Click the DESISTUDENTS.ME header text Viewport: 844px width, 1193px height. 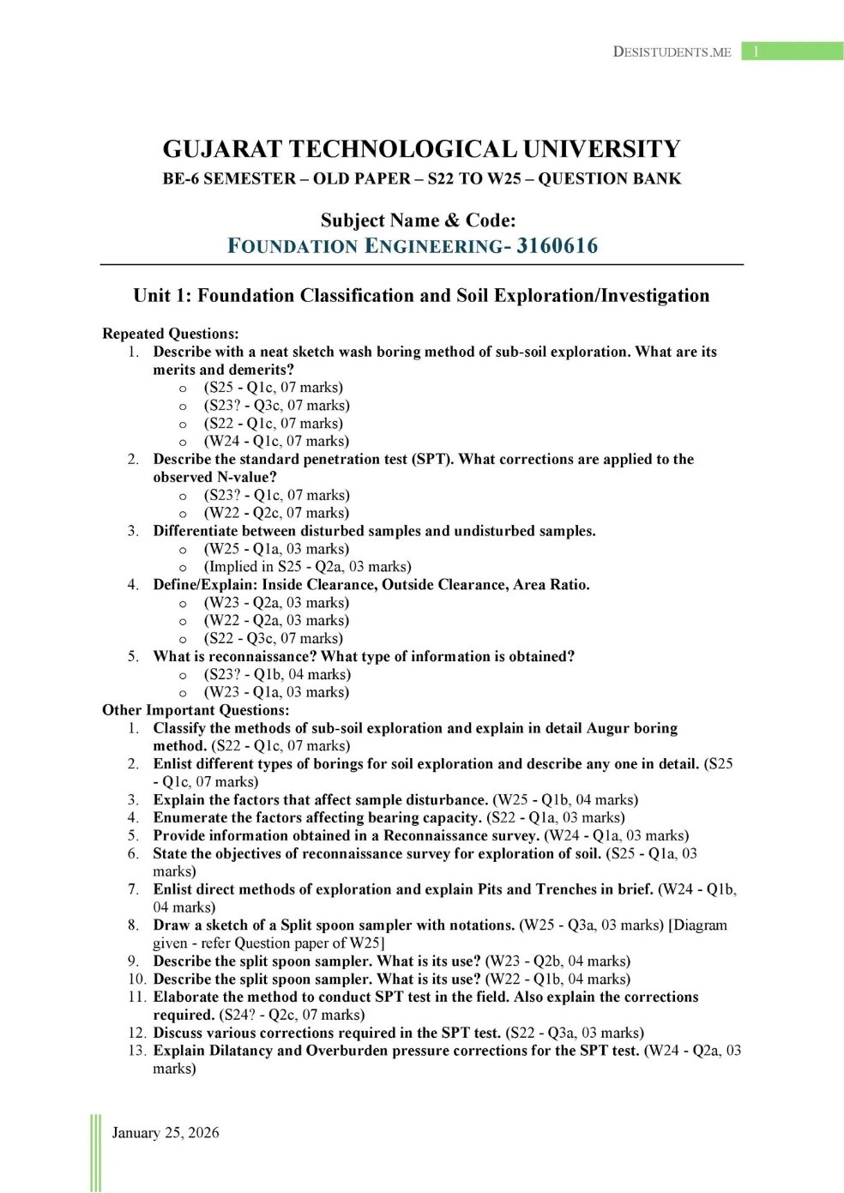tap(672, 51)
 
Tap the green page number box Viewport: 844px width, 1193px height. tap(792, 51)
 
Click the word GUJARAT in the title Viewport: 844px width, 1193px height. tap(222, 149)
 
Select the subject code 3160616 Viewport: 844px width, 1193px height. tap(557, 246)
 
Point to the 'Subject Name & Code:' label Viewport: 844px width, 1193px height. tap(418, 220)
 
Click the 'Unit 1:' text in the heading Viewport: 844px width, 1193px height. tap(161, 296)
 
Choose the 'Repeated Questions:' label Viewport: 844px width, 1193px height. tap(170, 334)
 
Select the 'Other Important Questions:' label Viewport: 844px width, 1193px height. tap(196, 710)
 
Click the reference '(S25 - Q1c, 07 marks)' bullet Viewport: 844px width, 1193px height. tap(273, 388)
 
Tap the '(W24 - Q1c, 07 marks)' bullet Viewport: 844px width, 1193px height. tap(276, 442)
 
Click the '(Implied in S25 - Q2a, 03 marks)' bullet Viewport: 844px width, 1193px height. tap(307, 567)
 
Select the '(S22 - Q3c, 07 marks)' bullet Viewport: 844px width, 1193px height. tap(273, 639)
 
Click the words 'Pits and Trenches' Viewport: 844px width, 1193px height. tap(546, 889)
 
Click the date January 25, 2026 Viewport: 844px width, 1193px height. tap(166, 1133)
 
